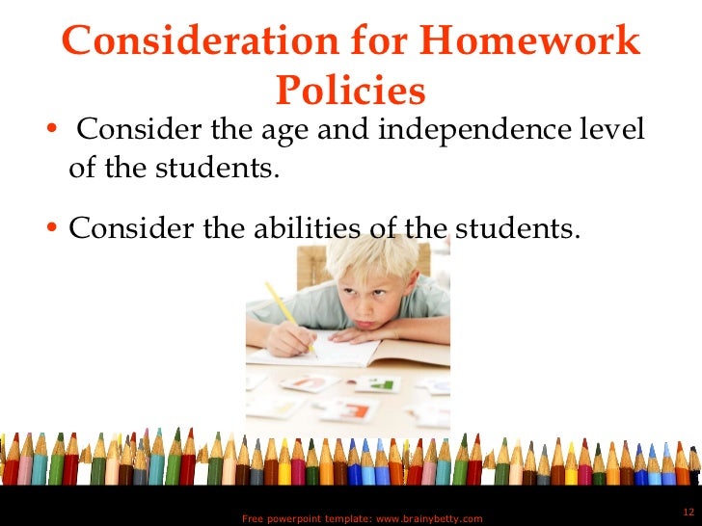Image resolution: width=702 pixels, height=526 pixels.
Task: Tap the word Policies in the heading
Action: tap(350, 91)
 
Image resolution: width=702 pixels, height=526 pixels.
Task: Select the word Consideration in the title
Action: tap(199, 42)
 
